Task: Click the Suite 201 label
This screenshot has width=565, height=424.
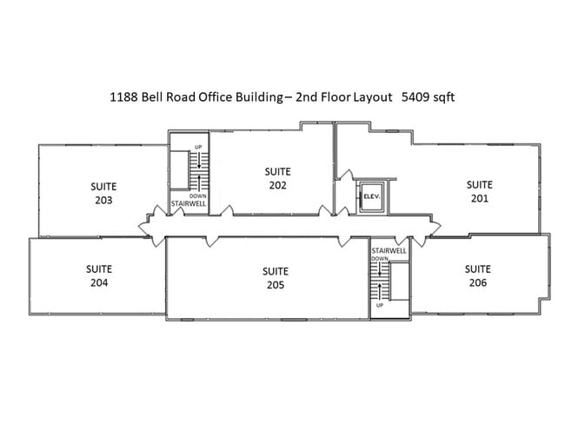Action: (479, 191)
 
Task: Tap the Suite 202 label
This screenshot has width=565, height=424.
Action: (277, 178)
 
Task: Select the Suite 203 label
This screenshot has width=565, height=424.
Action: (103, 193)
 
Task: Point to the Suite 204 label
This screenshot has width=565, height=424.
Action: (99, 275)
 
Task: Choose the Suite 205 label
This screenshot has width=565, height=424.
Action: (276, 278)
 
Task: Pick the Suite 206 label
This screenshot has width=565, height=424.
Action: (477, 275)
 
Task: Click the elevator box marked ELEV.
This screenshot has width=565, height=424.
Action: (372, 196)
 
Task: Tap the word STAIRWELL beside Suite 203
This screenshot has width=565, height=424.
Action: (189, 203)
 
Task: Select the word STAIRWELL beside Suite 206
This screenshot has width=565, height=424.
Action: (389, 251)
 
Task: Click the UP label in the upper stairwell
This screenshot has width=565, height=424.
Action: (198, 147)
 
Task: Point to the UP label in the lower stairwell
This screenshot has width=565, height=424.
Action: (380, 305)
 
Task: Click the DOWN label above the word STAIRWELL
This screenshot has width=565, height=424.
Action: (198, 196)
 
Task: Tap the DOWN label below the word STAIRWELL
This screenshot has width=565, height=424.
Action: (380, 259)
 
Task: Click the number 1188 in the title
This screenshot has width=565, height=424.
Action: (123, 97)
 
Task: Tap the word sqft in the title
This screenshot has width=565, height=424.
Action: (443, 98)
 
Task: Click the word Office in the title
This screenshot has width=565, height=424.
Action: (215, 97)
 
